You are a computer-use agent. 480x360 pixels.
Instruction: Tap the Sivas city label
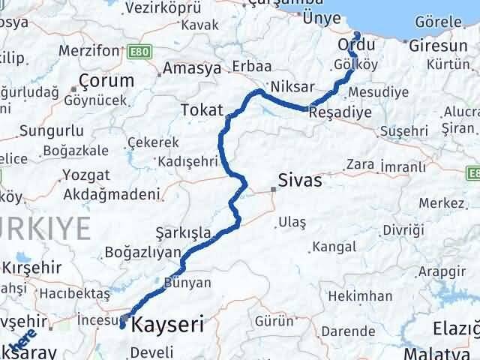[x=299, y=181]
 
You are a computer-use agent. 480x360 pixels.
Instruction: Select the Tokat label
[x=199, y=111]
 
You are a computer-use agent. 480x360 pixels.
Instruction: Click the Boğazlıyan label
[x=143, y=252]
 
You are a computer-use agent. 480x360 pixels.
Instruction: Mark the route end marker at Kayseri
[x=122, y=325]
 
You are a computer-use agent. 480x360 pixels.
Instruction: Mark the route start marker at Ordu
[x=357, y=35]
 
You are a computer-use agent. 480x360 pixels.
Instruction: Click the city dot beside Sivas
[x=273, y=189]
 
